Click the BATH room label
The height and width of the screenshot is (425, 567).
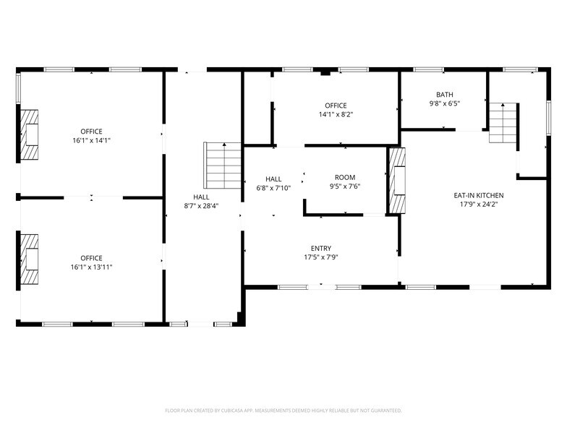(x=444, y=95)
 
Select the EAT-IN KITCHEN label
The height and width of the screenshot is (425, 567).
(x=478, y=195)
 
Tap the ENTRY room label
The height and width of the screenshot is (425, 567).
(x=321, y=248)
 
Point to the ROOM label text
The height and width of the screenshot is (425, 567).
(x=345, y=178)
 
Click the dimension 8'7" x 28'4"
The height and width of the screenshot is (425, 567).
(x=201, y=205)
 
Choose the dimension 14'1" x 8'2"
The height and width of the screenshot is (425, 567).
(x=336, y=114)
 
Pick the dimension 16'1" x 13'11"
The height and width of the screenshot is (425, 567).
(x=92, y=267)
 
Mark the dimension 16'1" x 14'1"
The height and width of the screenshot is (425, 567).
(x=92, y=139)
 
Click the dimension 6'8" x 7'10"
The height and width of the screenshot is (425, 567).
(x=273, y=188)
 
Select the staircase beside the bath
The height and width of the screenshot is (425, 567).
(x=503, y=123)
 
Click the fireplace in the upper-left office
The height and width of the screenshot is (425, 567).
(x=29, y=134)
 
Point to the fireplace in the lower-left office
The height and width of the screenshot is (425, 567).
(x=29, y=259)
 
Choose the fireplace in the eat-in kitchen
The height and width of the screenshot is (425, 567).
(x=398, y=181)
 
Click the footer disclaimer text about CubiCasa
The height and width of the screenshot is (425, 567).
(x=283, y=409)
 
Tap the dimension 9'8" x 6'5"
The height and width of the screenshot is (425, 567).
(x=444, y=103)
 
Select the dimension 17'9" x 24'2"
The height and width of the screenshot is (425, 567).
(x=478, y=204)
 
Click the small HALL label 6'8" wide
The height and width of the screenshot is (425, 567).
(x=273, y=179)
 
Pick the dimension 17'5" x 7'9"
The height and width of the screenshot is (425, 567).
(x=321, y=257)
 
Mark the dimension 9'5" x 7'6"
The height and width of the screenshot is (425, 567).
(x=345, y=186)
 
